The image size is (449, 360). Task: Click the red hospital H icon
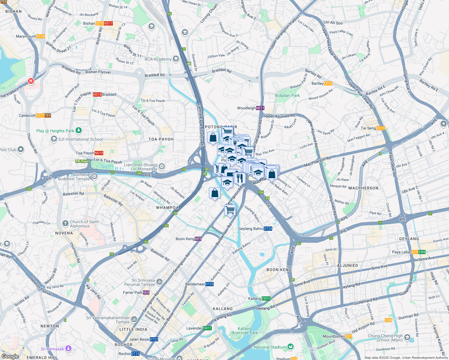click(31, 81)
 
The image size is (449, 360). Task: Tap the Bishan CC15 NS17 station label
click(98, 23)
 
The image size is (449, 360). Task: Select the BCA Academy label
click(158, 59)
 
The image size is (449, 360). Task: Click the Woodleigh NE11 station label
click(251, 108)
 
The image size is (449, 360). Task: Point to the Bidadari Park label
click(287, 95)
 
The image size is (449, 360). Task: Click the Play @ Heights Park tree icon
click(79, 130)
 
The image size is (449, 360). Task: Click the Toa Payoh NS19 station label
click(89, 153)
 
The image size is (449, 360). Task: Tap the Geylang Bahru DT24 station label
click(255, 229)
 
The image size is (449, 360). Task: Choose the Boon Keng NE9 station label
click(188, 239)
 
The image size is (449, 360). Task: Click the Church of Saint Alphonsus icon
click(65, 223)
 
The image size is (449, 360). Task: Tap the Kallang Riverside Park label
click(245, 331)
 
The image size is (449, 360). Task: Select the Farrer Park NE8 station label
click(136, 292)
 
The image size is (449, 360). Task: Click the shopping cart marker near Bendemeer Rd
click(230, 210)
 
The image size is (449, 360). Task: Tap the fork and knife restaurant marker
click(240, 178)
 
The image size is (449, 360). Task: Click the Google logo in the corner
click(10, 356)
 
